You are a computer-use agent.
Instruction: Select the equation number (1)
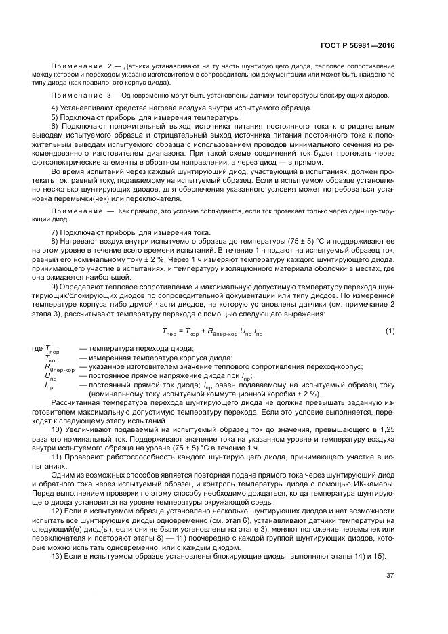pyautogui.click(x=390, y=331)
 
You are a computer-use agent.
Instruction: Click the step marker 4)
pyautogui.click(x=56, y=108)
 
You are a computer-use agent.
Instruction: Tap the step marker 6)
pyautogui.click(x=56, y=127)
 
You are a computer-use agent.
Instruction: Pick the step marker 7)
pyautogui.click(x=56, y=232)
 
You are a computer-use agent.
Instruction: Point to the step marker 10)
pyautogui.click(x=58, y=429)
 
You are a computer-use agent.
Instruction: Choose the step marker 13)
pyautogui.click(x=58, y=555)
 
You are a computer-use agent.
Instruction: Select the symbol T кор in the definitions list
pyautogui.click(x=52, y=358)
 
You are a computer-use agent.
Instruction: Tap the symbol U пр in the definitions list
pyautogui.click(x=51, y=376)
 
